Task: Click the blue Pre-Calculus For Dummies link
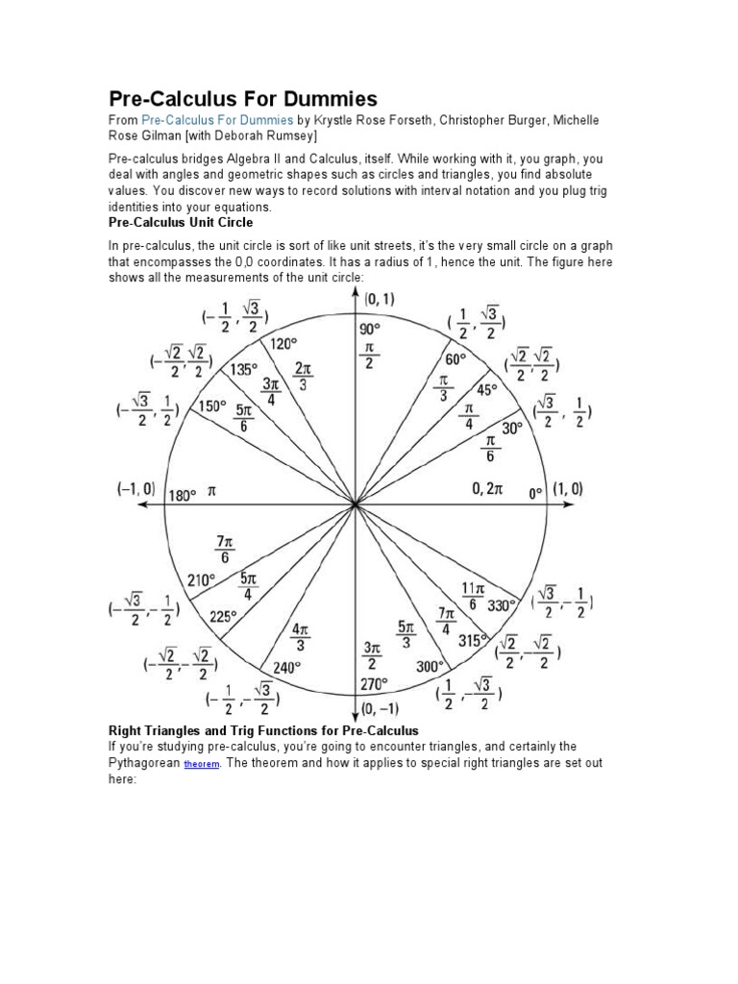tap(217, 120)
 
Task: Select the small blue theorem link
tap(202, 764)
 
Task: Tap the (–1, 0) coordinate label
tap(135, 489)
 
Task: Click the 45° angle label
tap(488, 390)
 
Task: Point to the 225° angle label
tap(223, 617)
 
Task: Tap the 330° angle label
tap(503, 605)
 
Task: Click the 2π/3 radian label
tap(303, 375)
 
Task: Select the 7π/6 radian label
tap(227, 550)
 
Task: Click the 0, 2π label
tap(487, 488)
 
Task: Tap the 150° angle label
tap(212, 406)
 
